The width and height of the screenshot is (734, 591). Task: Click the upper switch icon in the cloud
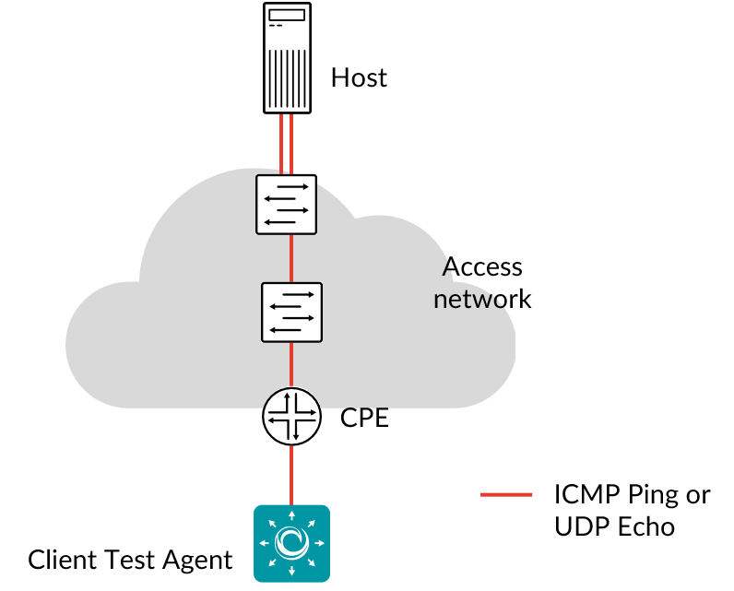[286, 205]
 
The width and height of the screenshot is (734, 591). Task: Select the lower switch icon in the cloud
[291, 313]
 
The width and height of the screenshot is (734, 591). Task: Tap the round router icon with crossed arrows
[291, 417]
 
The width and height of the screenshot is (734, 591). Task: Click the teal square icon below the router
[291, 543]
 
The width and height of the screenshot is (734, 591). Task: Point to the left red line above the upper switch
[281, 143]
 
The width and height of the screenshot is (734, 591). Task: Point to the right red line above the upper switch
[291, 143]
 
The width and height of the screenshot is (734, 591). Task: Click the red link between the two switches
[291, 258]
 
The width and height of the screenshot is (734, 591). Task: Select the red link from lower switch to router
[291, 364]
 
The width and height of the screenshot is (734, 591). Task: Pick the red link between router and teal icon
[291, 475]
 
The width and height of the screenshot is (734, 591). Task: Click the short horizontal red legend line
[506, 495]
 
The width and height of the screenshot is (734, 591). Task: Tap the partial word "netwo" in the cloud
[470, 300]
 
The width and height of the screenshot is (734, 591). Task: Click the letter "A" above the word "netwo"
[449, 269]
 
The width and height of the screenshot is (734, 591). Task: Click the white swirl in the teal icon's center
[291, 543]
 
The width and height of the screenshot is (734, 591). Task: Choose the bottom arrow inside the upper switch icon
[280, 222]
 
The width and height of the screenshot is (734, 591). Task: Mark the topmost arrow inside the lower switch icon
[298, 295]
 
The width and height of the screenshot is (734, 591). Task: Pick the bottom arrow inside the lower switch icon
[286, 330]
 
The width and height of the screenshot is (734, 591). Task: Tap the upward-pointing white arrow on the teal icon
[291, 515]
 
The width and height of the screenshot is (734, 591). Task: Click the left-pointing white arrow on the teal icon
[265, 543]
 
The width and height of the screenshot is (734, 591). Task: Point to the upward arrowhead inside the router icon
[287, 396]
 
